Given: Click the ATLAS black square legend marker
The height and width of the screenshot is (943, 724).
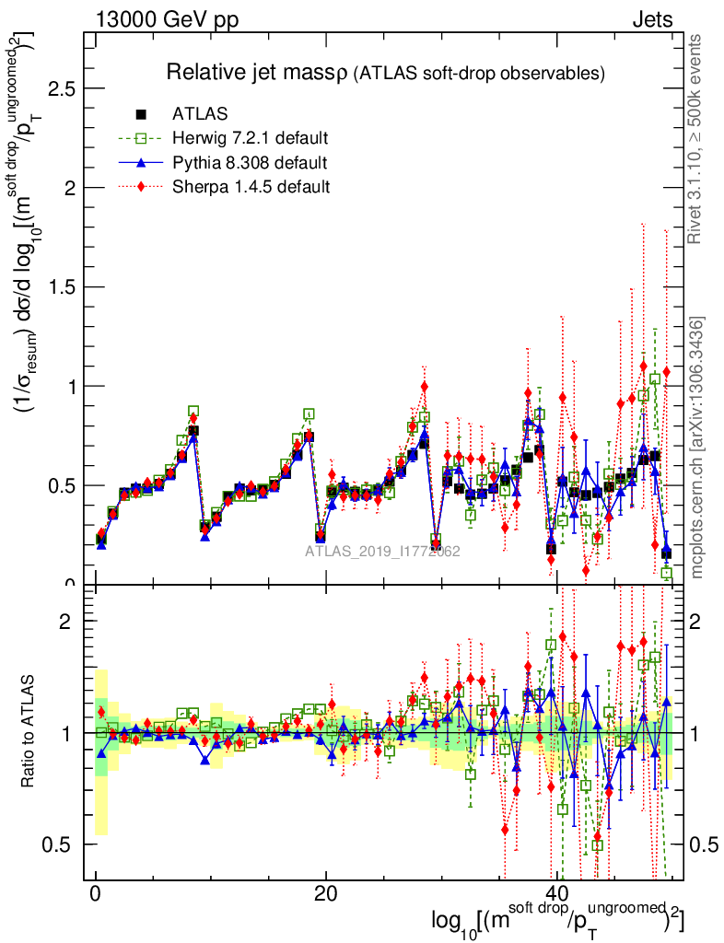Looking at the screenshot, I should coord(141,114).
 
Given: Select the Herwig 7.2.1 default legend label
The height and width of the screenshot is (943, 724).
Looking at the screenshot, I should coord(251,138).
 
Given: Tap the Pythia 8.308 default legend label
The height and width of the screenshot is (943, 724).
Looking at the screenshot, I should coord(250,163).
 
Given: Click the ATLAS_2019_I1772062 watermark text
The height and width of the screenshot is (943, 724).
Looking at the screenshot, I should coord(382,552).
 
